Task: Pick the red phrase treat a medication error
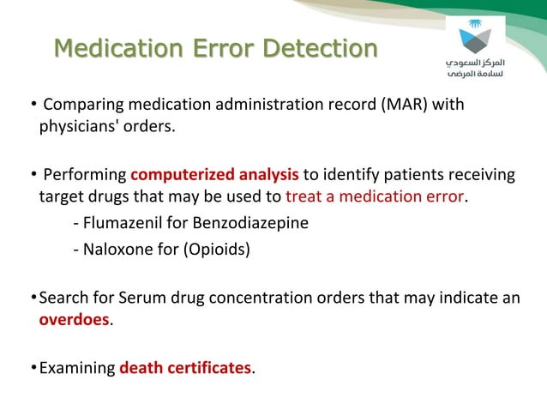374,198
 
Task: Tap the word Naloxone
117,251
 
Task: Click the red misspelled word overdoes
74,320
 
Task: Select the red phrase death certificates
186,369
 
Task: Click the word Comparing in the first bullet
78,106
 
